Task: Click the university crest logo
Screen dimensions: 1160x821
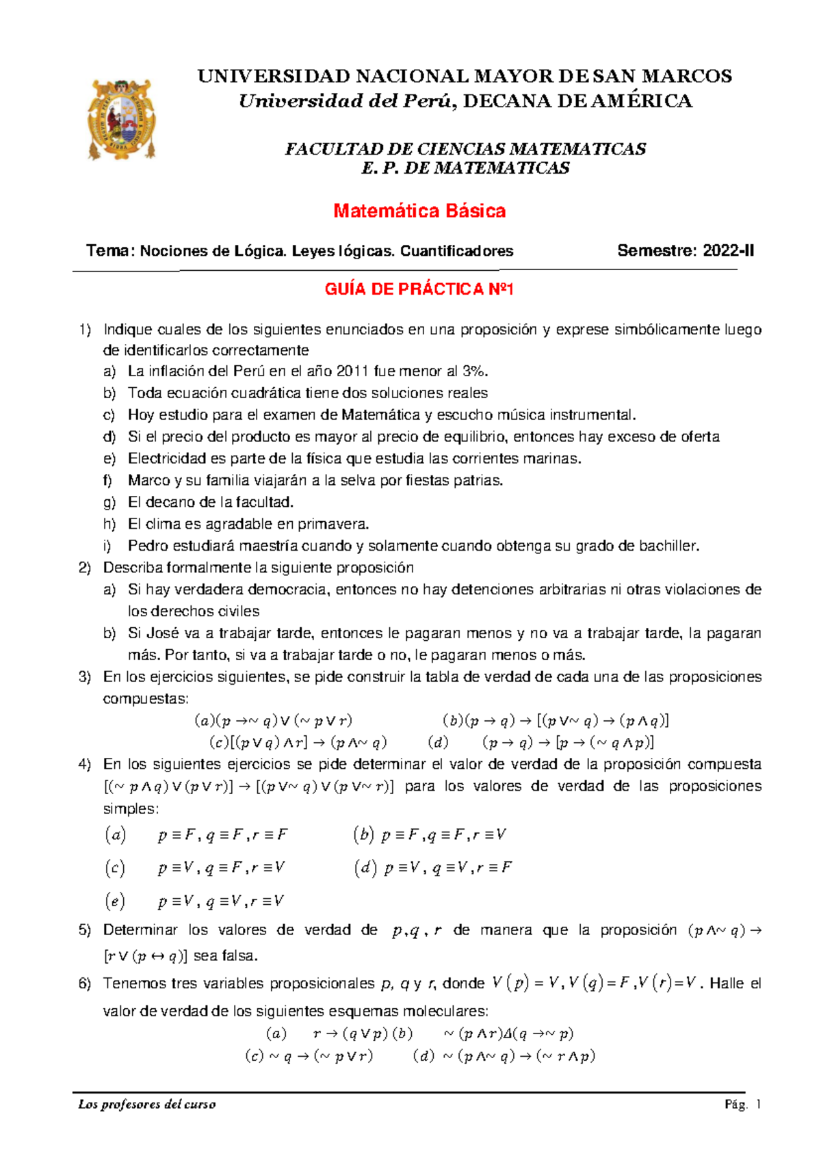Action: [122, 119]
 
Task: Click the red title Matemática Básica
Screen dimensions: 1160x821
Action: [419, 211]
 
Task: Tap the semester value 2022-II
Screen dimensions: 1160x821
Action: [728, 251]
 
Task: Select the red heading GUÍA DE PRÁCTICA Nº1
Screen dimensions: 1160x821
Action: [419, 289]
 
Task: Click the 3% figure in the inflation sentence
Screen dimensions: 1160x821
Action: [475, 371]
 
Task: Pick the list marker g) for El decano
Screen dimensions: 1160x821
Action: [109, 503]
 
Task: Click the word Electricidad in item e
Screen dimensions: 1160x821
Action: [162, 459]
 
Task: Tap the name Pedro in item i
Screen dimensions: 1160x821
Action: [146, 546]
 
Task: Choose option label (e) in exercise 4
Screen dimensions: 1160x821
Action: [115, 901]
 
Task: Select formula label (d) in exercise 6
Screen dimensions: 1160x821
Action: [423, 1056]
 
